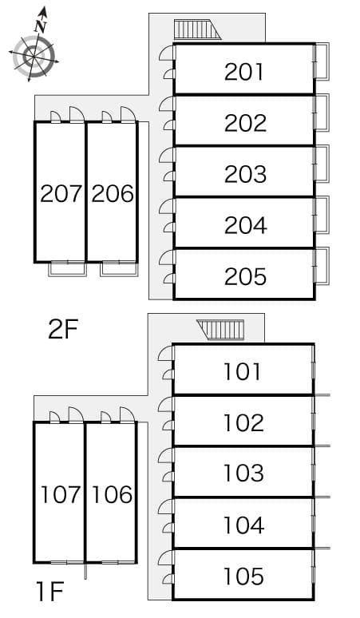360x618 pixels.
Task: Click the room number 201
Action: point(244,72)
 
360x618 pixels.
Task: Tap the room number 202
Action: point(245,123)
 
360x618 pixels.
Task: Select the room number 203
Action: point(245,174)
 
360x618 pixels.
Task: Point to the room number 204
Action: point(245,225)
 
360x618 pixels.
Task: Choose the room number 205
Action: point(245,276)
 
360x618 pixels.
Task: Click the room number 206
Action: point(112,193)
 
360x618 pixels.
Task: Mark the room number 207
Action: point(61,193)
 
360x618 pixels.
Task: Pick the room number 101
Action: point(243,371)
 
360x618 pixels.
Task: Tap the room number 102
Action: point(243,422)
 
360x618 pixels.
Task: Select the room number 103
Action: point(243,473)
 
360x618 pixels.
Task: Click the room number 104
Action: point(243,525)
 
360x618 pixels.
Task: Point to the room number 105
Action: point(243,576)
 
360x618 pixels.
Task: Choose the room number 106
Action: point(112,494)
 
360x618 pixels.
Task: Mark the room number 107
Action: point(61,494)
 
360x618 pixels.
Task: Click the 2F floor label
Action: point(63,329)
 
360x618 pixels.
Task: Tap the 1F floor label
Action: point(49,592)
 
